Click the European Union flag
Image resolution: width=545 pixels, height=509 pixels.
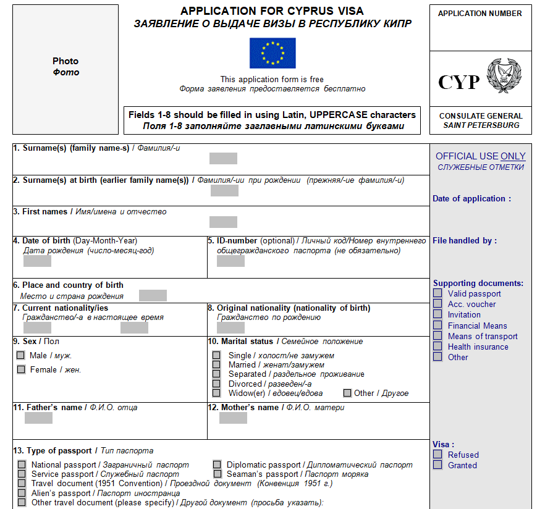click(x=272, y=53)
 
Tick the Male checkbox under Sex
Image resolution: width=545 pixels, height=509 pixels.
click(x=21, y=355)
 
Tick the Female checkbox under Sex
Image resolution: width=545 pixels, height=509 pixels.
click(x=21, y=369)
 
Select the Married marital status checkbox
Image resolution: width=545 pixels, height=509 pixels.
click(x=216, y=364)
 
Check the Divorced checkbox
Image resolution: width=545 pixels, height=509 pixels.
click(x=216, y=384)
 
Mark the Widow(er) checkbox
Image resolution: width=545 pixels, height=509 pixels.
click(x=216, y=393)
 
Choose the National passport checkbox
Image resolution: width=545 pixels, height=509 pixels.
click(x=22, y=465)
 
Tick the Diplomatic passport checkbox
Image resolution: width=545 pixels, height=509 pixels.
click(x=217, y=465)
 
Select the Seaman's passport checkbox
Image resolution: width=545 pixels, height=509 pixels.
click(x=217, y=474)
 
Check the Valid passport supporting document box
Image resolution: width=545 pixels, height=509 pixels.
click(x=437, y=293)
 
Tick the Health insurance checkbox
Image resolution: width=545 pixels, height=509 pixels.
click(x=437, y=347)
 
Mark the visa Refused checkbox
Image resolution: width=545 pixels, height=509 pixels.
click(x=437, y=454)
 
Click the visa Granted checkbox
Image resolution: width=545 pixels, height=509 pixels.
click(x=437, y=465)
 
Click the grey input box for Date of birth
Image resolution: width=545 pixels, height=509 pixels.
click(x=37, y=261)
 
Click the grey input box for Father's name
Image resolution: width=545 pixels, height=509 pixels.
click(x=39, y=418)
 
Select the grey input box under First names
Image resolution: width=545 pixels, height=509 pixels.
click(x=223, y=222)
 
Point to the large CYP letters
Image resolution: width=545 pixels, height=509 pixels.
click(x=458, y=82)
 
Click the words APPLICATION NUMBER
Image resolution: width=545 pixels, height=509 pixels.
click(x=480, y=14)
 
